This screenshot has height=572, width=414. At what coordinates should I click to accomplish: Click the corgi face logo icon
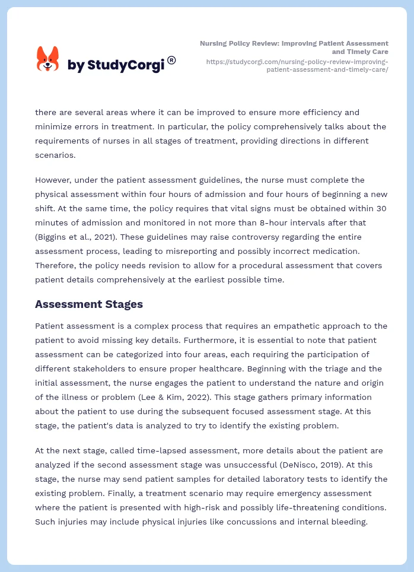coord(48,59)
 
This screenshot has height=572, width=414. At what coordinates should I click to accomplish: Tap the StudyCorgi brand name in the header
coord(116,65)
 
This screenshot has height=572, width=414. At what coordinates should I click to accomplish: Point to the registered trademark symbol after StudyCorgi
coord(171,60)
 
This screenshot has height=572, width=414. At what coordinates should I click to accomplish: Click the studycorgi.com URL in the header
coord(297,65)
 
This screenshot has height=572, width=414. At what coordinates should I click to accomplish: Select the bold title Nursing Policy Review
coord(294,47)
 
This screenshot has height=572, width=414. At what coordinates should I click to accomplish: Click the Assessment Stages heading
coord(89,304)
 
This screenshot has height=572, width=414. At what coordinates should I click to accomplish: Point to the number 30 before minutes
coord(381,208)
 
